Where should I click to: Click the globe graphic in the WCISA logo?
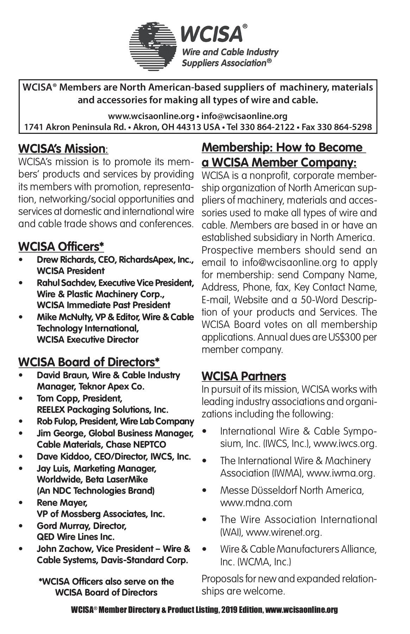[153, 46]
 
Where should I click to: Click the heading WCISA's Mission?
[62, 149]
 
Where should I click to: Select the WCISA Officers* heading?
[61, 247]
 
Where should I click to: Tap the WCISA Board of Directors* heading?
[89, 362]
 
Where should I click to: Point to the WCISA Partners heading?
[244, 376]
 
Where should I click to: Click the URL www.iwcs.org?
[345, 443]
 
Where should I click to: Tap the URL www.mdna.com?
[256, 503]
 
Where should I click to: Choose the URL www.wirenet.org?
[284, 532]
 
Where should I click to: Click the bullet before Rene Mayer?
[22, 503]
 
